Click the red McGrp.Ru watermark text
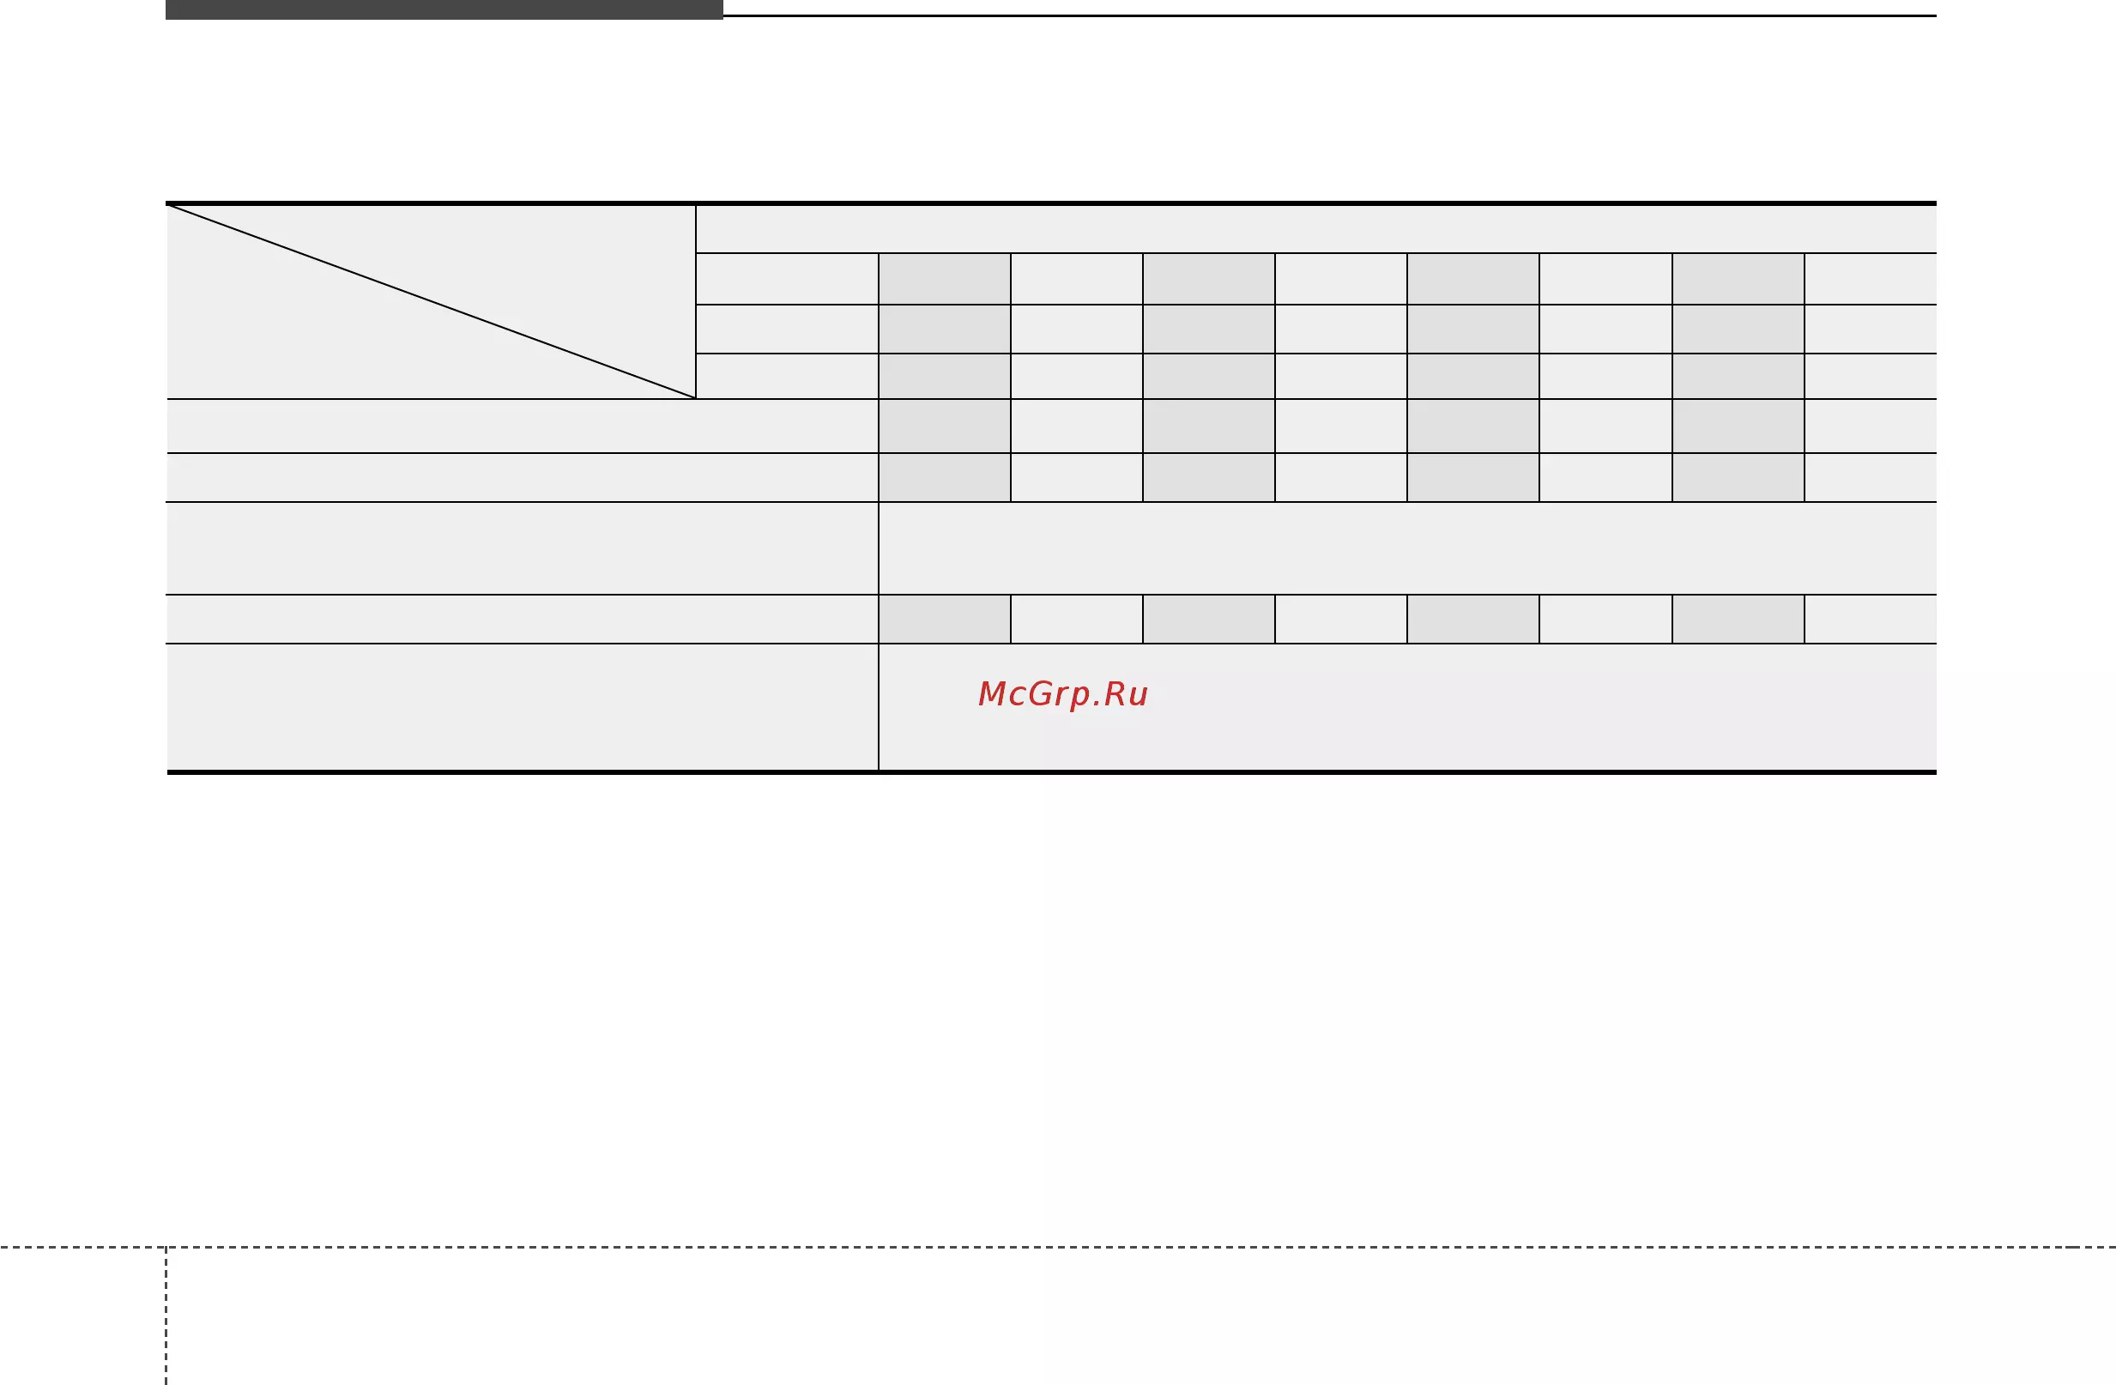pos(1062,694)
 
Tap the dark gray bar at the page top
pos(444,9)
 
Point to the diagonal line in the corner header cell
pos(432,301)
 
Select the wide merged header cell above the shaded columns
pos(1315,229)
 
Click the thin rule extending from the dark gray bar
pos(1329,15)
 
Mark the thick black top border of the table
pos(1051,203)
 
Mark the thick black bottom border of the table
pos(1051,771)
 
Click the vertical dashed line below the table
pos(166,1315)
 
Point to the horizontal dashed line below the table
pos(1058,1247)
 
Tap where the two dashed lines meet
pos(166,1247)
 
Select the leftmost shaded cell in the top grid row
pos(944,279)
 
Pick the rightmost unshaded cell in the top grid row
pos(1871,279)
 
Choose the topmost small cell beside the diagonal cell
pos(787,279)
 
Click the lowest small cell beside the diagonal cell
pos(787,376)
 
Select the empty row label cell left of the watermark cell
pos(522,707)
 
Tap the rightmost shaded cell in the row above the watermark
pos(1738,619)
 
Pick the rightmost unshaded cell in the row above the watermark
pos(1871,619)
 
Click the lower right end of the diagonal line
pos(694,397)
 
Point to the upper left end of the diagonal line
pos(168,205)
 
